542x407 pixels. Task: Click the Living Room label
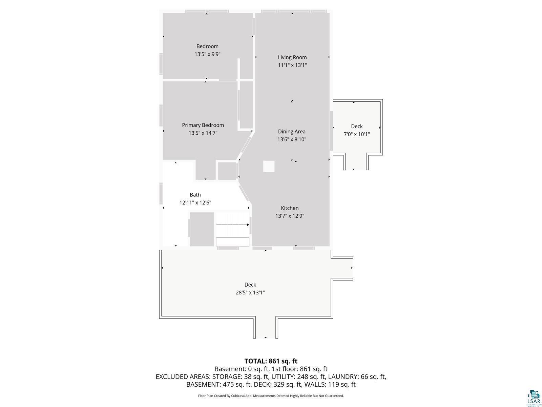[x=292, y=57]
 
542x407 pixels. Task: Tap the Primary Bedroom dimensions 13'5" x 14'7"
[x=203, y=133]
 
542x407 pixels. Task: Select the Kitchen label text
[x=290, y=208]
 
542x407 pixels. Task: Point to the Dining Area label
[x=292, y=132]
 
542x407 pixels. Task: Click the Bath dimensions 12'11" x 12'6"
[x=195, y=202]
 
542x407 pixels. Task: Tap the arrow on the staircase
[x=233, y=225]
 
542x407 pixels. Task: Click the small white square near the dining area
[x=269, y=166]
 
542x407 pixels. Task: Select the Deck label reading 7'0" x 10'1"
[x=357, y=134]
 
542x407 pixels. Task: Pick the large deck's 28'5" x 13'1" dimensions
[x=250, y=293]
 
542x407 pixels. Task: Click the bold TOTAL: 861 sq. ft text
[x=271, y=361]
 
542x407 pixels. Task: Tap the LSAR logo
[x=534, y=398]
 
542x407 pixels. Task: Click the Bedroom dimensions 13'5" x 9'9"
[x=207, y=54]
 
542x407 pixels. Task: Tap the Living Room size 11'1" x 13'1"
[x=292, y=65]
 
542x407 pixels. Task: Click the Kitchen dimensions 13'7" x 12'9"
[x=290, y=216]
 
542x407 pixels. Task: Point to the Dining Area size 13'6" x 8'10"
[x=292, y=139]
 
